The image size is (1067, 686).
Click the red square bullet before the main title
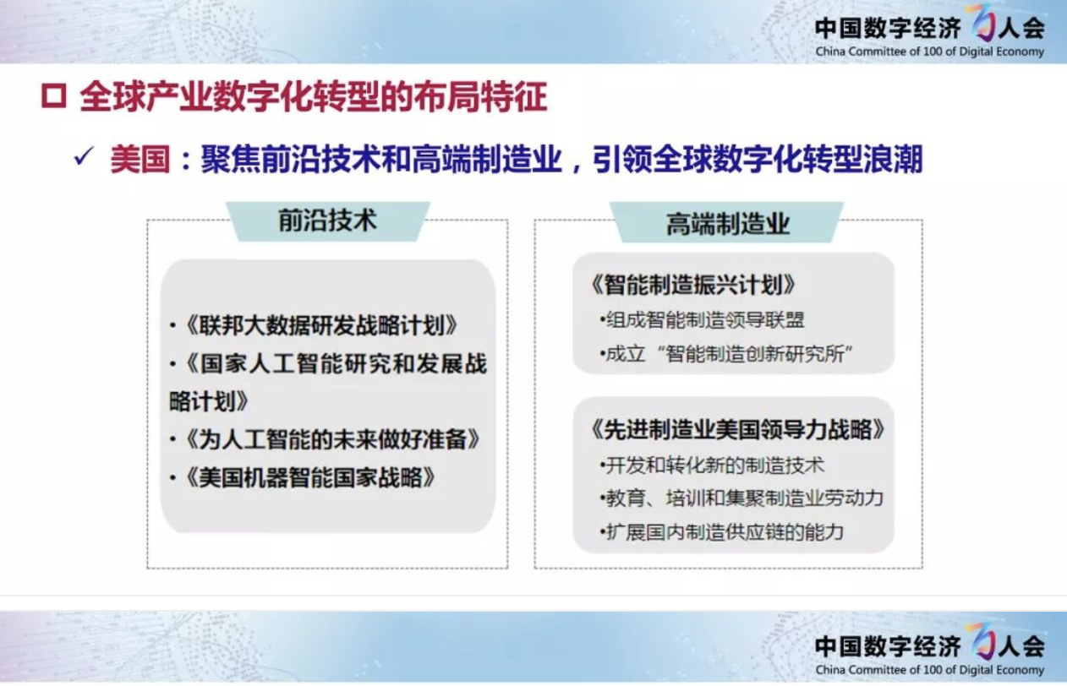[x=53, y=96]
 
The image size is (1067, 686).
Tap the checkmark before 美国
[x=84, y=156]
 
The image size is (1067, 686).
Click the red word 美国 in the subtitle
[x=140, y=159]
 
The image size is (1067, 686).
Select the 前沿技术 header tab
[x=328, y=221]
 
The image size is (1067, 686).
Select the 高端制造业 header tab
[x=727, y=222]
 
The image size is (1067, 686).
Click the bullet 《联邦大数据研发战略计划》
[x=314, y=325]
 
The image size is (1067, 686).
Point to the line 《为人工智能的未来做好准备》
[x=325, y=439]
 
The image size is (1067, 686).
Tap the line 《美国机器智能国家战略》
[x=303, y=477]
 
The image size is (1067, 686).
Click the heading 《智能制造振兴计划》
[x=692, y=286]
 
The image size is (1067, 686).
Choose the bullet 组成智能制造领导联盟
[x=702, y=320]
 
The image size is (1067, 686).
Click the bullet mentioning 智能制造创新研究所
[x=726, y=354]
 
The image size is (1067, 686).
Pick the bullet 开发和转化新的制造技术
[x=712, y=465]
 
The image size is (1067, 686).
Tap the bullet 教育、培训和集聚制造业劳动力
[x=741, y=498]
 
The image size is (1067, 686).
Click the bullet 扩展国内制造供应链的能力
[x=722, y=531]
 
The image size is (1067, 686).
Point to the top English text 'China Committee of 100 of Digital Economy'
[x=929, y=52]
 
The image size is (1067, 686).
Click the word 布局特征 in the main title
[x=480, y=97]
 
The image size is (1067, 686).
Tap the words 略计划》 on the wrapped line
[x=209, y=401]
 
